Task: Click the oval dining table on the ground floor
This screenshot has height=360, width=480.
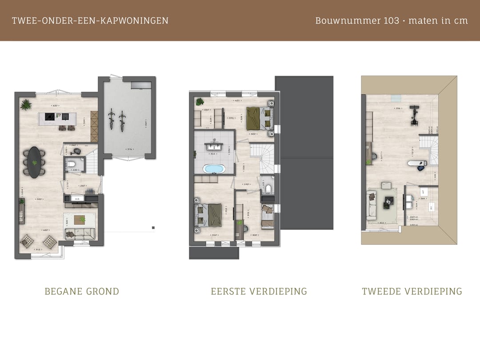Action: [x=34, y=162]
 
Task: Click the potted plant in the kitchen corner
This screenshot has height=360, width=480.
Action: [x=26, y=105]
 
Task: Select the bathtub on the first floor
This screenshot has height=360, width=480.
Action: [x=214, y=169]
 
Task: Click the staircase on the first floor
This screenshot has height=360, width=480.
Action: [x=263, y=158]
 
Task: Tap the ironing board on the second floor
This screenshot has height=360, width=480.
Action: [x=417, y=164]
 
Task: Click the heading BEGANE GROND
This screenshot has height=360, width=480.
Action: [x=82, y=292]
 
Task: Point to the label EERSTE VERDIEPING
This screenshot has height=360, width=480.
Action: [x=259, y=292]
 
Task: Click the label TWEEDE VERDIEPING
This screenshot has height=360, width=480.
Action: [x=412, y=292]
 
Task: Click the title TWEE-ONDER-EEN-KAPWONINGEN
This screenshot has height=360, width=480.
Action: [x=90, y=20]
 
